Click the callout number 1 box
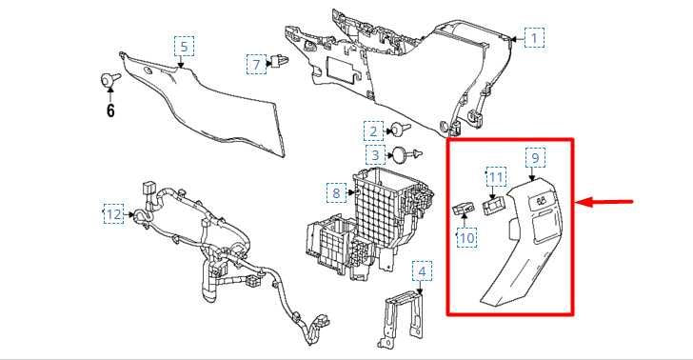[x=535, y=38]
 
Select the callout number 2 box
[x=374, y=130]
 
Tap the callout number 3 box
[x=375, y=154]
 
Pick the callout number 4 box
[x=422, y=271]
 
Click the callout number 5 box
[x=183, y=45]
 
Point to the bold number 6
[x=110, y=110]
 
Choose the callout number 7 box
[x=255, y=64]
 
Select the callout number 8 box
[x=336, y=193]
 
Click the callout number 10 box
[x=465, y=238]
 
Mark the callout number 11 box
[x=495, y=177]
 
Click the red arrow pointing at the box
[x=609, y=202]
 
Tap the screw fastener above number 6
[x=110, y=80]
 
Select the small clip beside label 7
[x=280, y=63]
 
